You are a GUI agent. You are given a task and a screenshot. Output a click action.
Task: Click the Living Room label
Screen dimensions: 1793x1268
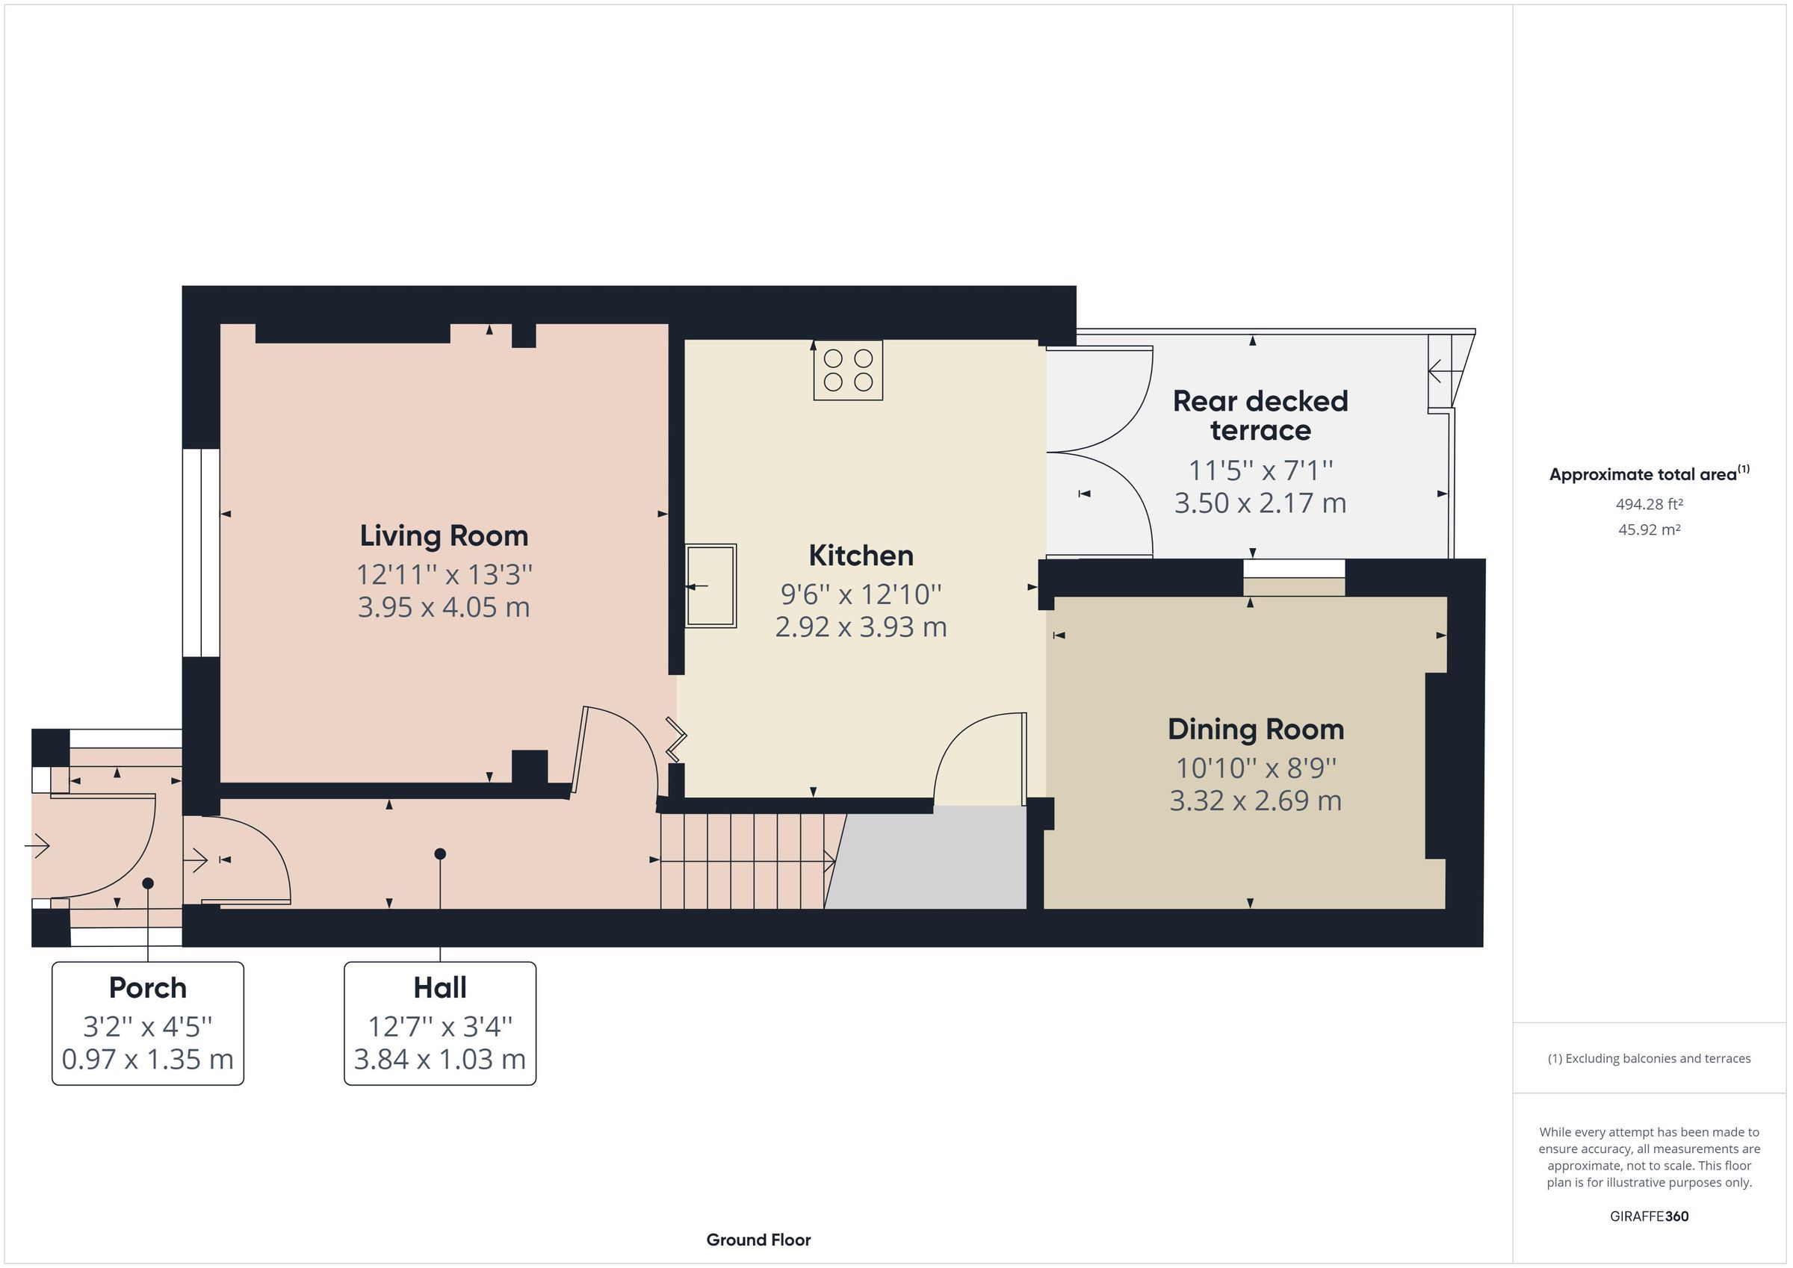444,535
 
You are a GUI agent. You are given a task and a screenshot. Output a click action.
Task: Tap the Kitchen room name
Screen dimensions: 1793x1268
861,555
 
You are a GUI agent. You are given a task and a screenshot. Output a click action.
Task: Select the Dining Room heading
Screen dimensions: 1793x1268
1256,730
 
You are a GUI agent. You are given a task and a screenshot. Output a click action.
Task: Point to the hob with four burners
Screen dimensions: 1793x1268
848,370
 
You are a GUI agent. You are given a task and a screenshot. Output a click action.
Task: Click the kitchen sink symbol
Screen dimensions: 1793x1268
710,585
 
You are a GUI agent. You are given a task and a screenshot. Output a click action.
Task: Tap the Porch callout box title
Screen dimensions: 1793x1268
148,988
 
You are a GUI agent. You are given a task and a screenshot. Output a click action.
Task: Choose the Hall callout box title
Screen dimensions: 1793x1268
440,988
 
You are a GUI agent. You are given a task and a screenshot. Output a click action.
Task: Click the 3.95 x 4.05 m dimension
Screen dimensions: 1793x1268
444,607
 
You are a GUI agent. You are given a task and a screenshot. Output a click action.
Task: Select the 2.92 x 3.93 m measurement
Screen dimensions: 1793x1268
861,627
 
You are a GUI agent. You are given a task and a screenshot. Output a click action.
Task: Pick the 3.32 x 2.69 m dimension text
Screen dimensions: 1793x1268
1256,801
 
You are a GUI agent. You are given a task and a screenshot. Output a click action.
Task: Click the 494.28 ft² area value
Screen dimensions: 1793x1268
1650,504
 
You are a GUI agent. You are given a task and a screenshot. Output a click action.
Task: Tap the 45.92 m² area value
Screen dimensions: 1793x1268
1650,529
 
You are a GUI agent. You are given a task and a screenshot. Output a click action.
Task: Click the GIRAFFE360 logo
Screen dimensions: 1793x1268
1650,1216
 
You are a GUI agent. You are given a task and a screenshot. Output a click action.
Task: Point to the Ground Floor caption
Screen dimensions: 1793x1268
758,1239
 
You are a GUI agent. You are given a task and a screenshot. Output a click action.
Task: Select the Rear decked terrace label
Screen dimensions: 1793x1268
1260,415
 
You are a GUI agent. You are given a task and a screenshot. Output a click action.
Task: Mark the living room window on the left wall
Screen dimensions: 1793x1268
201,553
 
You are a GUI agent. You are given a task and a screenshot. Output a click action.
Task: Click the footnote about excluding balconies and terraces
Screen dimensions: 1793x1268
1650,1058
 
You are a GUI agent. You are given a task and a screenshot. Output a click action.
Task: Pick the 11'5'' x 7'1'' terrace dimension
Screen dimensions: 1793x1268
1260,470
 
